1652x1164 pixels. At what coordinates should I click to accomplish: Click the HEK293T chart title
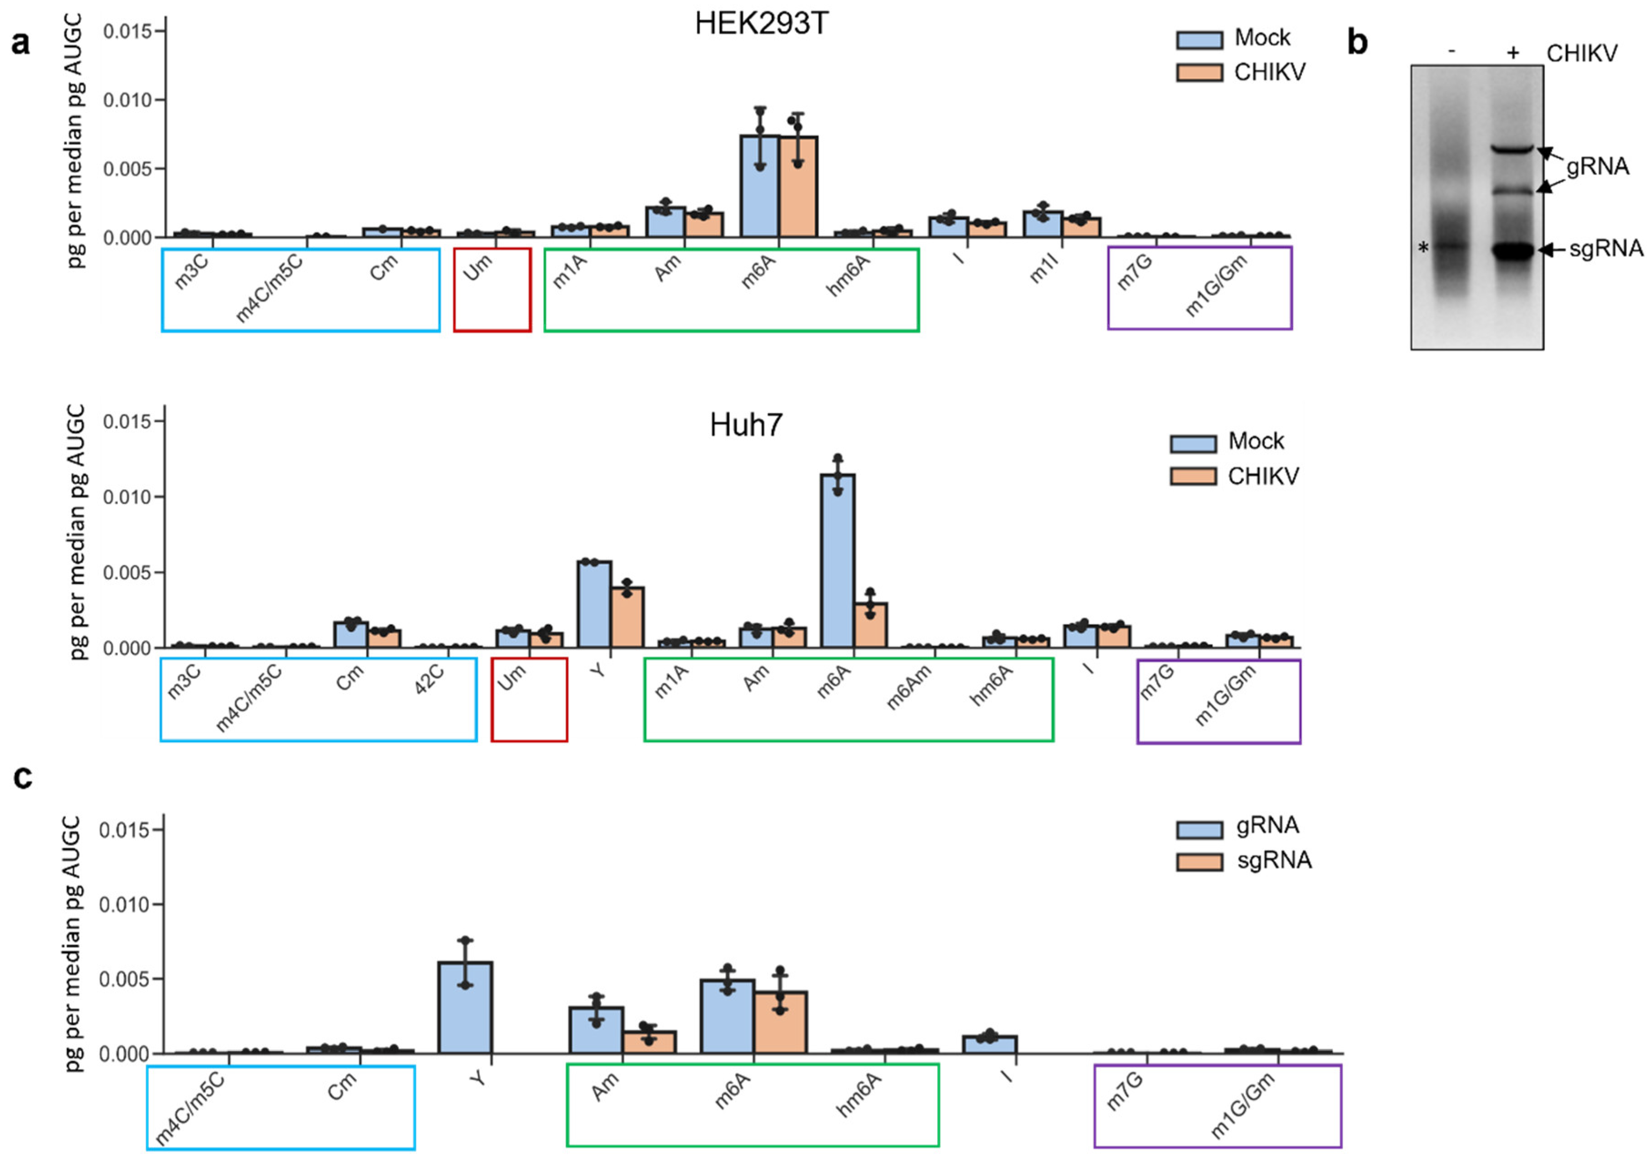[x=761, y=24]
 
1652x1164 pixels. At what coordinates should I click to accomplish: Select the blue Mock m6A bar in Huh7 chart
[x=838, y=561]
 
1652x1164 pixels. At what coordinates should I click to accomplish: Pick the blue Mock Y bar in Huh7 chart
[x=594, y=604]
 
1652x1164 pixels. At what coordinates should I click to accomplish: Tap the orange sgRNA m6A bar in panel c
[x=781, y=1022]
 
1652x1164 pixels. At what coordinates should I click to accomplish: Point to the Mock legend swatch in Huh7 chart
[x=1193, y=443]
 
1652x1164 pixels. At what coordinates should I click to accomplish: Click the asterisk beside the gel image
[x=1423, y=249]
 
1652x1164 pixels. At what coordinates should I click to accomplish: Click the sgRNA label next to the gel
[x=1606, y=249]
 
